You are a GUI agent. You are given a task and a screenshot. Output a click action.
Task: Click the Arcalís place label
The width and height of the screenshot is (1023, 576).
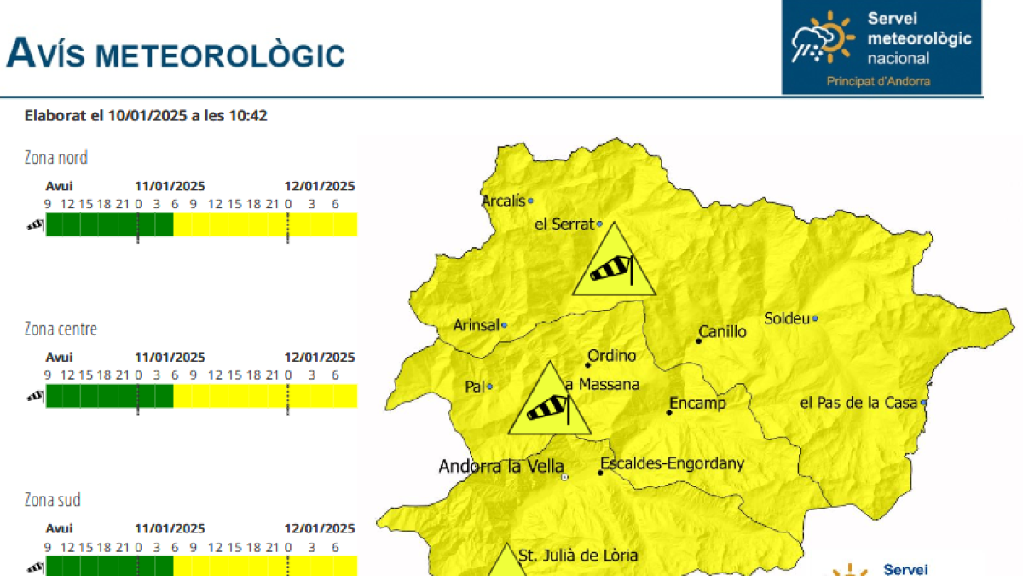click(503, 201)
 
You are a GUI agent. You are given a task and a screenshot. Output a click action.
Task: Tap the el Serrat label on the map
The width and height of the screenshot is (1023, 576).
click(564, 224)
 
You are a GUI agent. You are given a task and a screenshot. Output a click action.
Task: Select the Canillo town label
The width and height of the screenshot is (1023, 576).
click(722, 331)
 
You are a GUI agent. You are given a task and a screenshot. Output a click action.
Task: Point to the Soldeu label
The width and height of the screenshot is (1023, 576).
click(786, 318)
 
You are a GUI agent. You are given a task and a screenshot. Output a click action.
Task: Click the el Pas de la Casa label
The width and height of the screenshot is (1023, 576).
click(858, 403)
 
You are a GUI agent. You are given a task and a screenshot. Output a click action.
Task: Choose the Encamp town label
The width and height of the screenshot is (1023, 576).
click(697, 403)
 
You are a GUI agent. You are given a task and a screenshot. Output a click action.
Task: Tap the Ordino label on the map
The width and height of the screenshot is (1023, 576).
click(611, 356)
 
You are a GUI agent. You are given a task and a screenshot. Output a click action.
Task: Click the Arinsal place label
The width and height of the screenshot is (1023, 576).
click(477, 325)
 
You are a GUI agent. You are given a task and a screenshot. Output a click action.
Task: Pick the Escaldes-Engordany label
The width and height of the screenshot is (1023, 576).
click(672, 464)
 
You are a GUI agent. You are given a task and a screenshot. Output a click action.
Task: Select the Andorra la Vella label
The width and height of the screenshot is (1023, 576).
click(501, 467)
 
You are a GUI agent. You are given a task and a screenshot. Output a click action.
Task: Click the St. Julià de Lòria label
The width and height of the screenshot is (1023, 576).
click(578, 556)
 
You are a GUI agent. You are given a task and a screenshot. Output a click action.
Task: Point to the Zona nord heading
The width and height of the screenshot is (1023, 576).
click(55, 158)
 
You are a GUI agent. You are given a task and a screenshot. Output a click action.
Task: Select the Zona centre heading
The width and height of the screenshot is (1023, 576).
click(61, 329)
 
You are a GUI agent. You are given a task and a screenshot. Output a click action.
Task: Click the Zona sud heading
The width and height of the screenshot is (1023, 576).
click(52, 500)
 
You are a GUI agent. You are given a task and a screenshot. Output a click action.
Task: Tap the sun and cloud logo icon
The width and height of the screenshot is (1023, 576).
click(822, 38)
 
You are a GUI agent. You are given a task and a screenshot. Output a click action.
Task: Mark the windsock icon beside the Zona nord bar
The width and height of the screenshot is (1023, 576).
click(35, 225)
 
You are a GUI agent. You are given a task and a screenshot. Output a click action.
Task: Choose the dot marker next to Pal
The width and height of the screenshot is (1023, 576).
click(489, 387)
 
